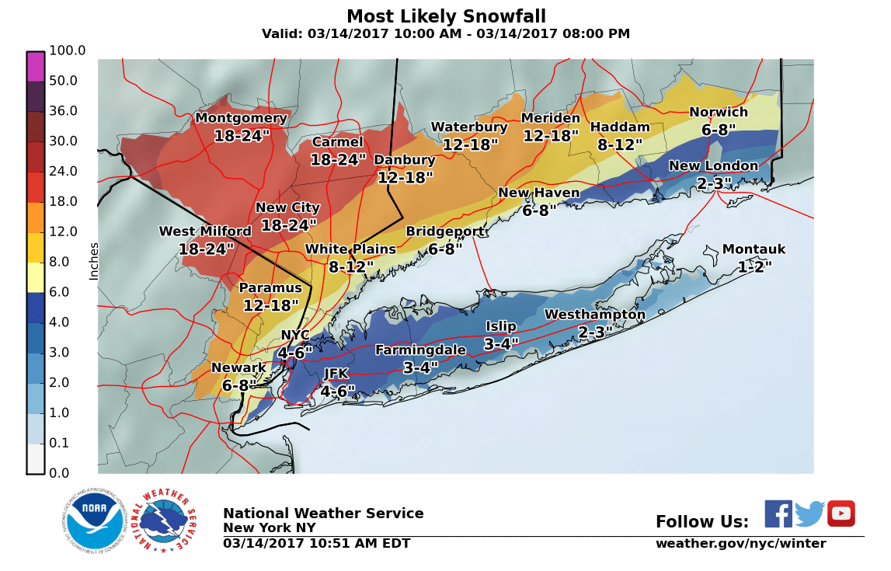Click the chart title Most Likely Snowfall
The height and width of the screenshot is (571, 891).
click(446, 16)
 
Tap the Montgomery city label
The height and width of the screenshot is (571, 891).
click(241, 118)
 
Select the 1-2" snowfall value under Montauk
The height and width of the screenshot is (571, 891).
click(754, 266)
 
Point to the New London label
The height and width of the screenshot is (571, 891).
click(712, 165)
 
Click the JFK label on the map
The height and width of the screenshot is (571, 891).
click(336, 374)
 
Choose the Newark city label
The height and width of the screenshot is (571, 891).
click(238, 367)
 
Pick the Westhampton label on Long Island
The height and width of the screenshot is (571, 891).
click(594, 315)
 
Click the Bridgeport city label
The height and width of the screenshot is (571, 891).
click(445, 232)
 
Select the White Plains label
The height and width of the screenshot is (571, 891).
click(350, 249)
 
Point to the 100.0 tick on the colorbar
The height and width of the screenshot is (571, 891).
click(68, 50)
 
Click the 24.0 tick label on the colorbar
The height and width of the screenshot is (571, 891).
click(64, 171)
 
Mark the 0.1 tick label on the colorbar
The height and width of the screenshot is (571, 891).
click(61, 443)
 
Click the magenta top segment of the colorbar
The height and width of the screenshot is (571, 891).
click(36, 66)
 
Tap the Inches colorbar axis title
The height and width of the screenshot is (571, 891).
click(94, 261)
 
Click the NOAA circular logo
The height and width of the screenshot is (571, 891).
click(95, 521)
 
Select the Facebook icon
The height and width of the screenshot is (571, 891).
click(778, 514)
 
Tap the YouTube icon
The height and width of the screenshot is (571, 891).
click(841, 514)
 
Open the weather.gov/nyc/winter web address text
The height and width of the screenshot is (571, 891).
click(740, 544)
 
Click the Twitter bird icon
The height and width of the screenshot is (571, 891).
click(809, 514)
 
